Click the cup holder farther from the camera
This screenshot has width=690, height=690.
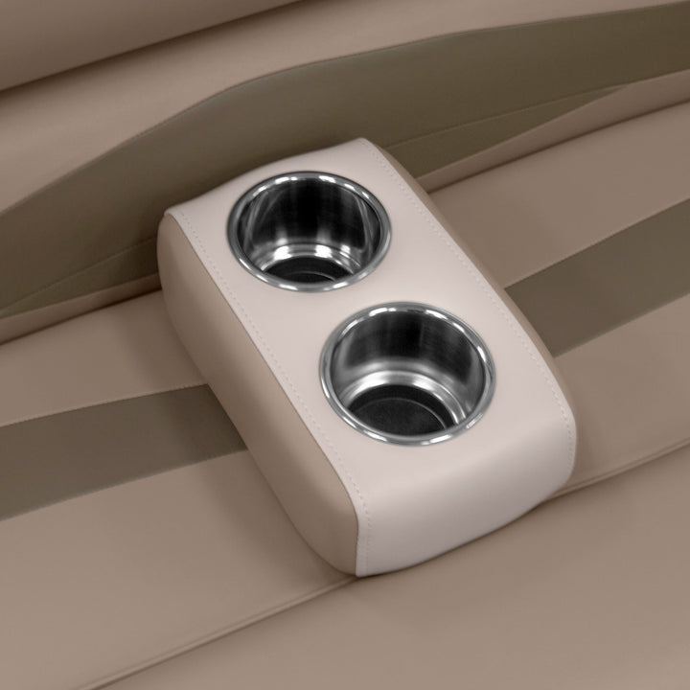click(x=309, y=229)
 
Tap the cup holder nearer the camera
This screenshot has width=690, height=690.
click(x=407, y=374)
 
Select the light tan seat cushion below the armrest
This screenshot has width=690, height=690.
click(x=240, y=623)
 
